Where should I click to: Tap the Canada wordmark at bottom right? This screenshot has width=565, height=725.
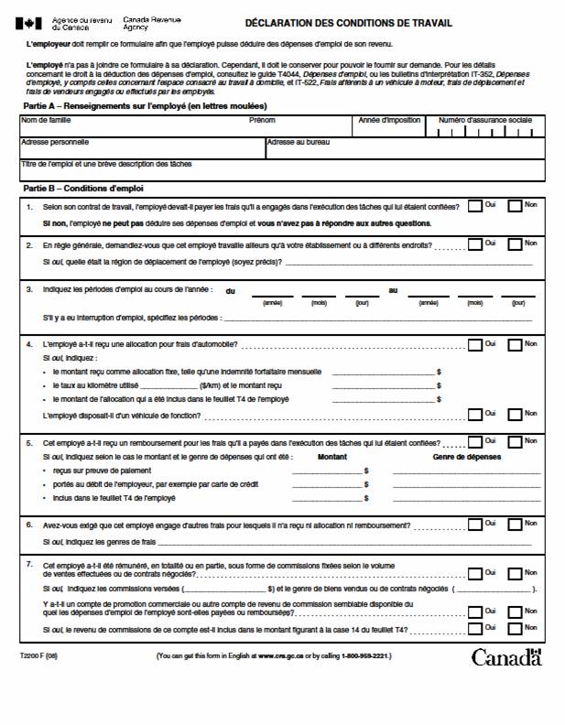pyautogui.click(x=506, y=657)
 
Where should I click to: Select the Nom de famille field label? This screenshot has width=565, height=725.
pyautogui.click(x=46, y=120)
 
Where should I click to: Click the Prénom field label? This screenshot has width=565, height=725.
pyautogui.click(x=262, y=120)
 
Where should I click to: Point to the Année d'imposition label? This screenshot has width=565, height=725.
pyautogui.click(x=389, y=120)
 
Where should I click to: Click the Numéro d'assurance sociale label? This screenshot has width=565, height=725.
pyautogui.click(x=484, y=120)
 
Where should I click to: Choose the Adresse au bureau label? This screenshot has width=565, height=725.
pyautogui.click(x=298, y=142)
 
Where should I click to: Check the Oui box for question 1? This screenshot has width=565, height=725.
pyautogui.click(x=474, y=206)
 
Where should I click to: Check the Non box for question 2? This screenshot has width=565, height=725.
pyautogui.click(x=515, y=243)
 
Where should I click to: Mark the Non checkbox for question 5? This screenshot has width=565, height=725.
pyautogui.click(x=515, y=441)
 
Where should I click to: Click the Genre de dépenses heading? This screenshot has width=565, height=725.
pyautogui.click(x=466, y=455)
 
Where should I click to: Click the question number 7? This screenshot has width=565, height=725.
pyautogui.click(x=30, y=566)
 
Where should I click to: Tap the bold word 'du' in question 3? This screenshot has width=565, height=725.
pyautogui.click(x=231, y=290)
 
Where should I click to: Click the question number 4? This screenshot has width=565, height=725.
pyautogui.click(x=30, y=344)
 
